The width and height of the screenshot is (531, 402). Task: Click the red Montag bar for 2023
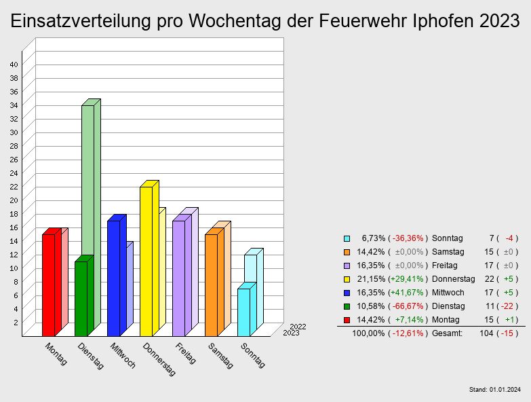point(48,285)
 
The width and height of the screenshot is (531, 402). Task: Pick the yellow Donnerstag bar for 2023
point(146,261)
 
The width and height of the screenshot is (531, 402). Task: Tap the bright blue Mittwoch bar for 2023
point(113,278)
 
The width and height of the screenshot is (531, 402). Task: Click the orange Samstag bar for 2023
point(211,285)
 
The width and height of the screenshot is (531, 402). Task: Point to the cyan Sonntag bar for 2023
point(243,312)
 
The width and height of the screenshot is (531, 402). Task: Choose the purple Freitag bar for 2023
point(178,278)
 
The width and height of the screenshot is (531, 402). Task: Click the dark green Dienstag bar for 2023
point(81,299)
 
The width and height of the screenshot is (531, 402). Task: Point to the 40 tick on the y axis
point(14,64)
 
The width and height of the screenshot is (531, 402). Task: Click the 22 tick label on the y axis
point(14,186)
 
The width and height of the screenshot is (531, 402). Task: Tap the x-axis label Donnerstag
point(159,359)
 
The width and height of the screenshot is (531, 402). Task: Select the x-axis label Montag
point(56,354)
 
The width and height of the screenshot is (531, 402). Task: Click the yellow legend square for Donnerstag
point(347,279)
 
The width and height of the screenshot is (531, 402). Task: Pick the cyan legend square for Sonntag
point(347,238)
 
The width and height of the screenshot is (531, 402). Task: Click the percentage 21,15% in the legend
point(372,279)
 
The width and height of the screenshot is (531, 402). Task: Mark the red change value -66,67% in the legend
point(408,306)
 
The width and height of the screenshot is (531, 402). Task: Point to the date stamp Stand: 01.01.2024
point(494,390)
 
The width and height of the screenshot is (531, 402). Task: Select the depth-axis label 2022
point(297,327)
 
